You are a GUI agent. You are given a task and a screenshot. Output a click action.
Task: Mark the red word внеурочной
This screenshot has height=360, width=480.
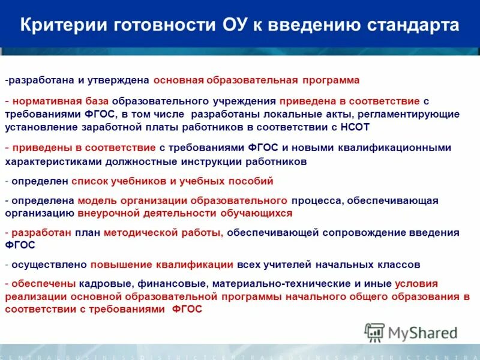click(106, 212)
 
